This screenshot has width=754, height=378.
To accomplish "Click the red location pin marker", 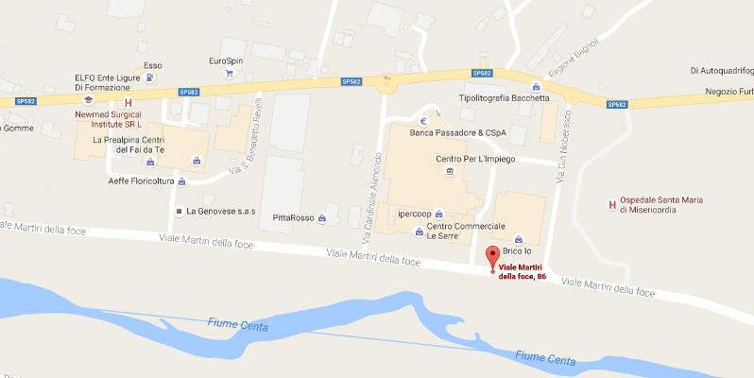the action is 491,256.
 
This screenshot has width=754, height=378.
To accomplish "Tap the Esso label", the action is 151,65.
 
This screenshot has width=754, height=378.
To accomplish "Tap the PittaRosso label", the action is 293,217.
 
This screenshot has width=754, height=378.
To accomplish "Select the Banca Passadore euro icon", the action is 424,121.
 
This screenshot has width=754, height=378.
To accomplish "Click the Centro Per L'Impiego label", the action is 475,159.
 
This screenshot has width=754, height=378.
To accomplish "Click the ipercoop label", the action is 416,213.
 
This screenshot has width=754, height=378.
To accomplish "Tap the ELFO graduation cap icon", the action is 87,98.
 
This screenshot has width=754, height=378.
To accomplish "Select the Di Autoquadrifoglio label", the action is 721,70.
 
